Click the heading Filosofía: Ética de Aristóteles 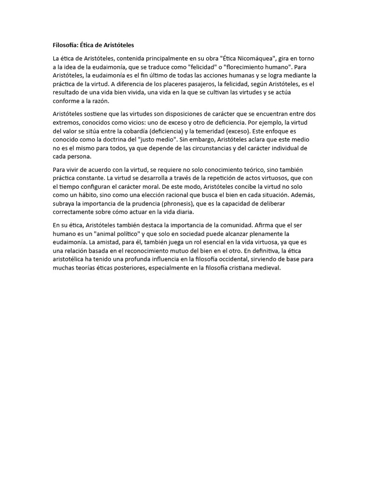(93, 45)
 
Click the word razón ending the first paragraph (100, 101)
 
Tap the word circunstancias (205, 148)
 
